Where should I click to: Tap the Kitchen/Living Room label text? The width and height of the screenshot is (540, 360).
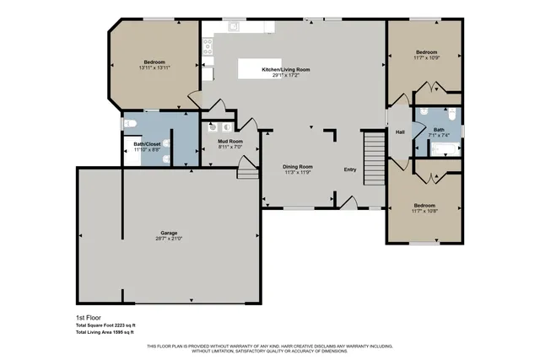(x=286, y=69)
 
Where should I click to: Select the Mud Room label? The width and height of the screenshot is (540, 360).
(x=230, y=141)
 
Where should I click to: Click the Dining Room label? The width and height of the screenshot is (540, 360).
(x=298, y=166)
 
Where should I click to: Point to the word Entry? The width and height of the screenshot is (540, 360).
(x=350, y=169)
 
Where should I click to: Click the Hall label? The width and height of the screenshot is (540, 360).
(x=400, y=132)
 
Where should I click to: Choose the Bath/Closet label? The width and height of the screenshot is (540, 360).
(x=147, y=144)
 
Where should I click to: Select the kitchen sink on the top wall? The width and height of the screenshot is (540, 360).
(x=234, y=26)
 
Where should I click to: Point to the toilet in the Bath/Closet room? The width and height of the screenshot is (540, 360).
(x=129, y=124)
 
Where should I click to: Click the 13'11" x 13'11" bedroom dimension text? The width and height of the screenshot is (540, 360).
(x=154, y=67)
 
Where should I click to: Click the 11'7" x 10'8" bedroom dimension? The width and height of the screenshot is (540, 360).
(x=424, y=212)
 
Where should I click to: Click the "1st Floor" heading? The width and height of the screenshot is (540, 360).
(x=87, y=318)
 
